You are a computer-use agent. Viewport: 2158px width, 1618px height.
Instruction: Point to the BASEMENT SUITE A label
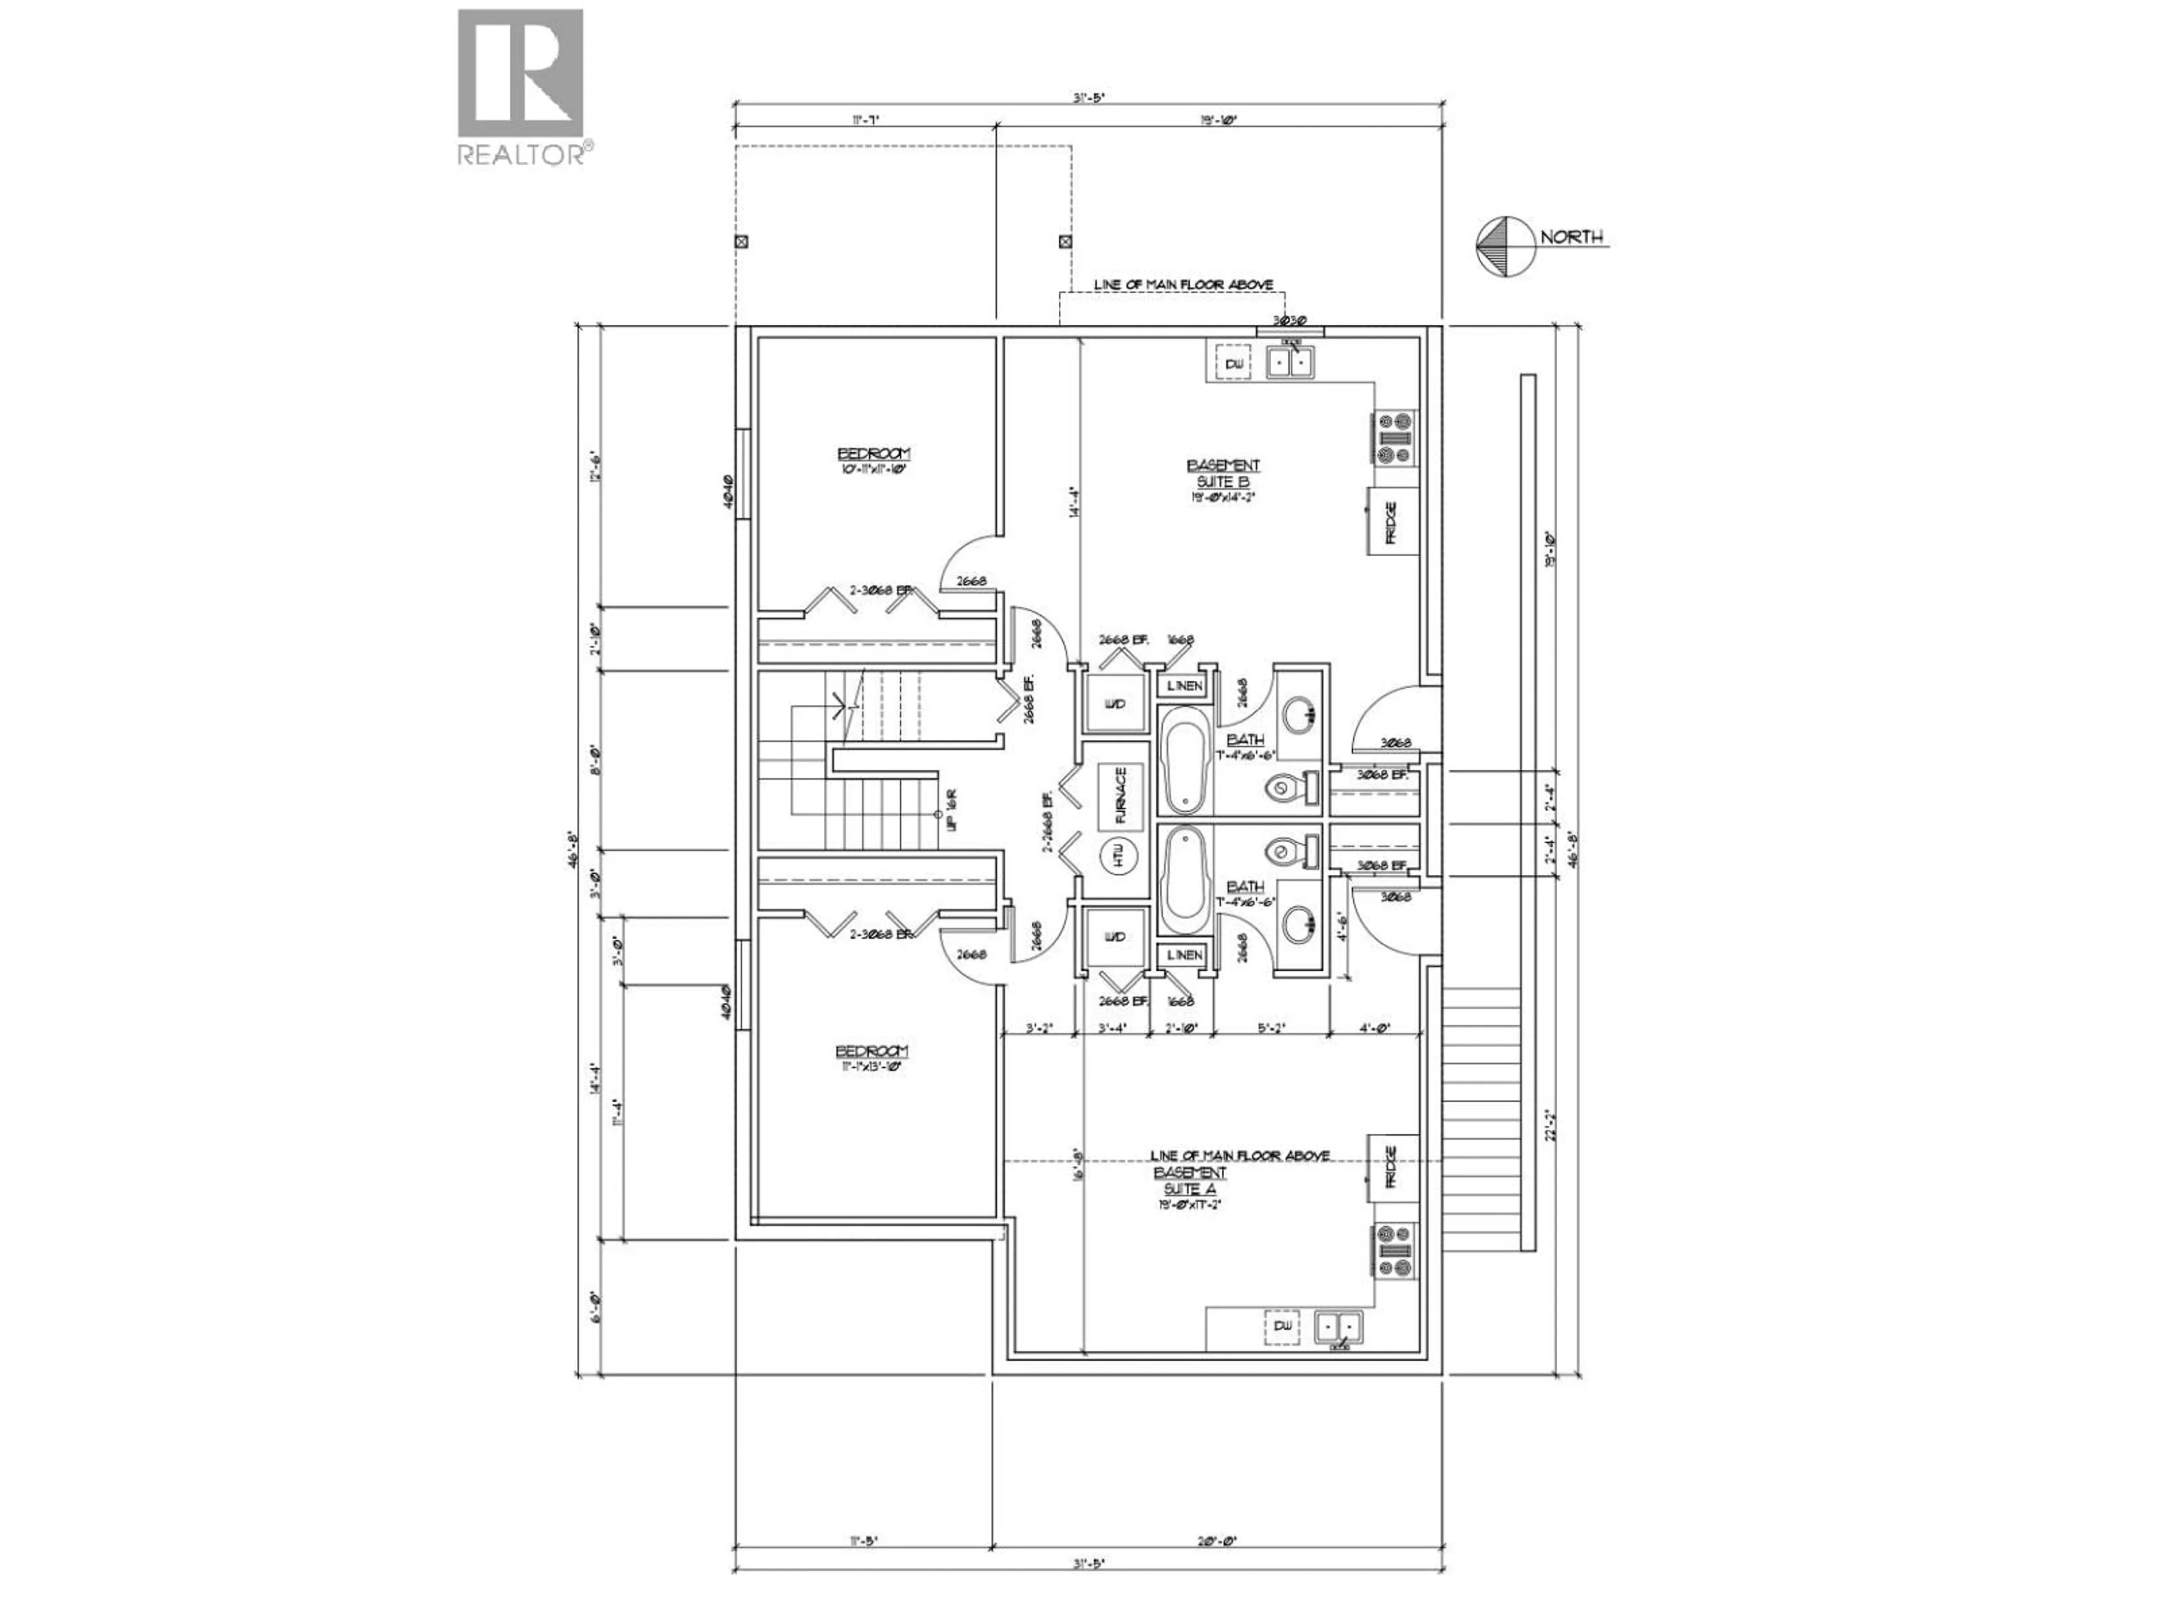click(x=1189, y=1180)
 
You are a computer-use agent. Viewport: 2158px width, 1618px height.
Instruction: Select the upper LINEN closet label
click(x=1184, y=685)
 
